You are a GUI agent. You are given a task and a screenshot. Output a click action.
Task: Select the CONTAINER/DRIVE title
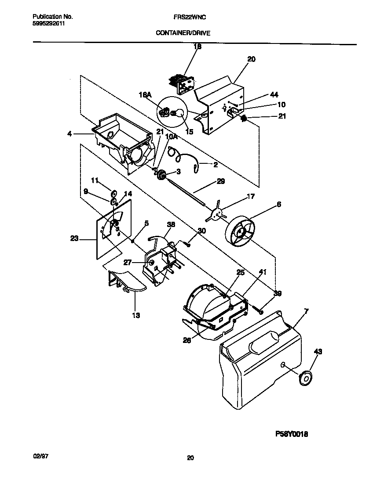(183, 33)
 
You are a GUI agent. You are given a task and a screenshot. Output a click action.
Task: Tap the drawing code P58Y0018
(291, 434)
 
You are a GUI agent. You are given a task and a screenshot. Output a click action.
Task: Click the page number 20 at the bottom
(190, 458)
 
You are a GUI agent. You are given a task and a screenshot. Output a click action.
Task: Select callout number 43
(318, 351)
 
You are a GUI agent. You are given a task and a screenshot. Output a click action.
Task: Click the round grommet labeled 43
(304, 378)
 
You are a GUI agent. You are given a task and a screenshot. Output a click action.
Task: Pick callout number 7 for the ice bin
(306, 311)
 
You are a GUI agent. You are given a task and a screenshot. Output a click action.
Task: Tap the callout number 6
(279, 204)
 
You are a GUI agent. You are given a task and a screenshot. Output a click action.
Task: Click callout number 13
(136, 315)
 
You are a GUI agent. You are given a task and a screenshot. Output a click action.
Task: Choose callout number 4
(69, 133)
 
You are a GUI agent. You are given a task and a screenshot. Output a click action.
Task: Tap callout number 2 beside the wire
(216, 165)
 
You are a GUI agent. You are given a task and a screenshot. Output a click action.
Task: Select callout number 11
(94, 180)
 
